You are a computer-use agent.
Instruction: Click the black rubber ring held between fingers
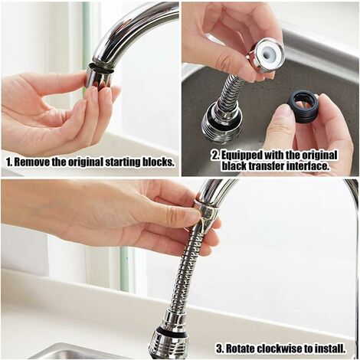click(303, 106)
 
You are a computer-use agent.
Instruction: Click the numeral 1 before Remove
click(8, 162)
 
